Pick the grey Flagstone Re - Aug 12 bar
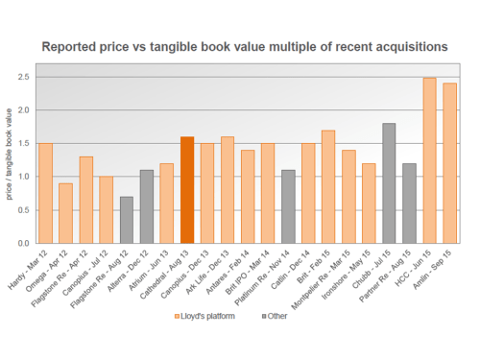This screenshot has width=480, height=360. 127,220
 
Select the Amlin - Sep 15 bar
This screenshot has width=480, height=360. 449,163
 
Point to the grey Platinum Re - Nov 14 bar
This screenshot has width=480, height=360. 288,206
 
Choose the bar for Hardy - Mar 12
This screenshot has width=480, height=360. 45,193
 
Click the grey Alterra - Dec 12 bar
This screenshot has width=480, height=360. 147,206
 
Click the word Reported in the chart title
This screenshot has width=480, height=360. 72,46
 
